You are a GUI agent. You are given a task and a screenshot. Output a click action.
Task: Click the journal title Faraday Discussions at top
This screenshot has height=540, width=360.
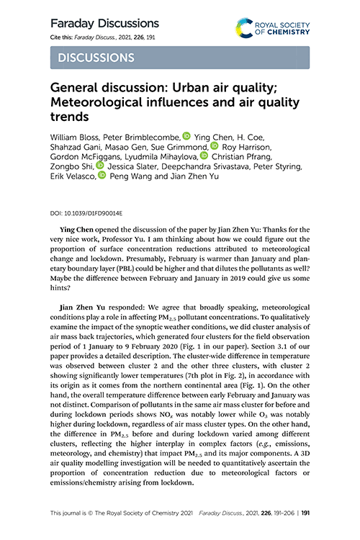click(x=104, y=23)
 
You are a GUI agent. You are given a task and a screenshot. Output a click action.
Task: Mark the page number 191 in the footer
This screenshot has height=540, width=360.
click(x=306, y=513)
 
